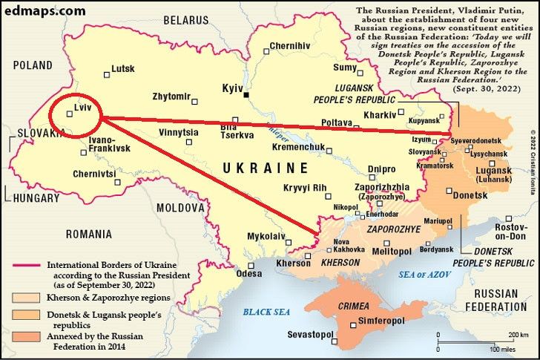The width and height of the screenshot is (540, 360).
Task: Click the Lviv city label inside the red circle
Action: point(82,108)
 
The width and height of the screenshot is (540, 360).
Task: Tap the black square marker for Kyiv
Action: point(247,94)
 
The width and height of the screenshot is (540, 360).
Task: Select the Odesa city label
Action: point(249,272)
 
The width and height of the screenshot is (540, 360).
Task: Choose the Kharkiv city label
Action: point(378,115)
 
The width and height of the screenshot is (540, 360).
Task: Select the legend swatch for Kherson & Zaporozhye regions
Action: point(27,297)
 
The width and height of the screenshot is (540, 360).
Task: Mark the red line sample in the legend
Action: point(27,264)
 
